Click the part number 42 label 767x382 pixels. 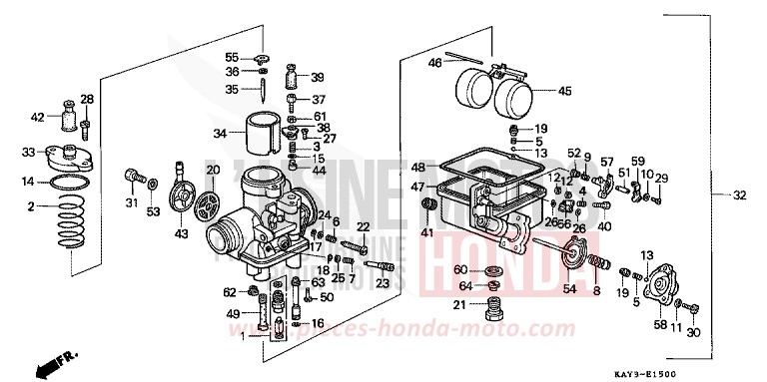point(38,117)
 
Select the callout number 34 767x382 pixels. point(220,134)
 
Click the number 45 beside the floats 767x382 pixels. point(564,91)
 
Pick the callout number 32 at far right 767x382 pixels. point(739,195)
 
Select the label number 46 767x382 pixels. point(435,63)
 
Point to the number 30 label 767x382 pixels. point(694,333)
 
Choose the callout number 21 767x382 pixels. point(459,304)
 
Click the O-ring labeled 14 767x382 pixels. point(68,183)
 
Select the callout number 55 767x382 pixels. point(231,56)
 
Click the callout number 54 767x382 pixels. point(570,288)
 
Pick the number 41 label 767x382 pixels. point(426,232)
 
